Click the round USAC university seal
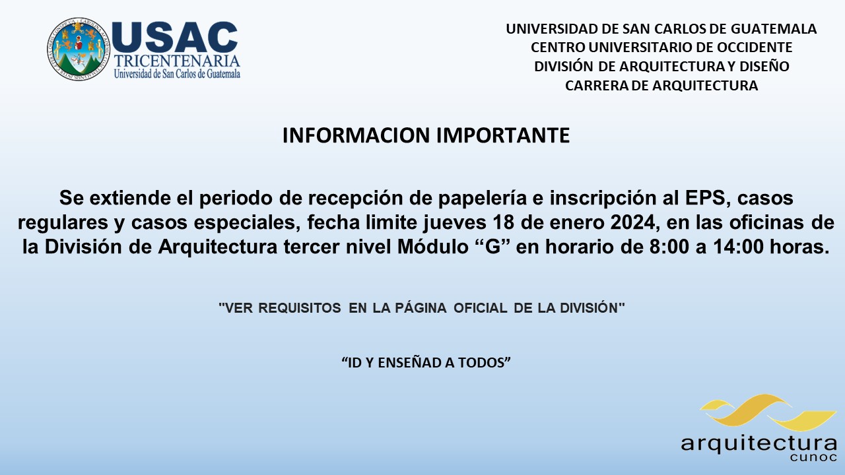pos(79,49)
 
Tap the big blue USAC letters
pos(175,38)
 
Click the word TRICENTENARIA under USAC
pos(177,61)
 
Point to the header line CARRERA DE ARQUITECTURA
pos(661,86)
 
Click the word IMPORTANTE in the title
pos(503,135)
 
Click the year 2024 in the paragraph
pos(632,222)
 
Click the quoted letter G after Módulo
pos(492,247)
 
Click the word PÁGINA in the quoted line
pos(421,307)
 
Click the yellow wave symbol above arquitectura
pos(768,413)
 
